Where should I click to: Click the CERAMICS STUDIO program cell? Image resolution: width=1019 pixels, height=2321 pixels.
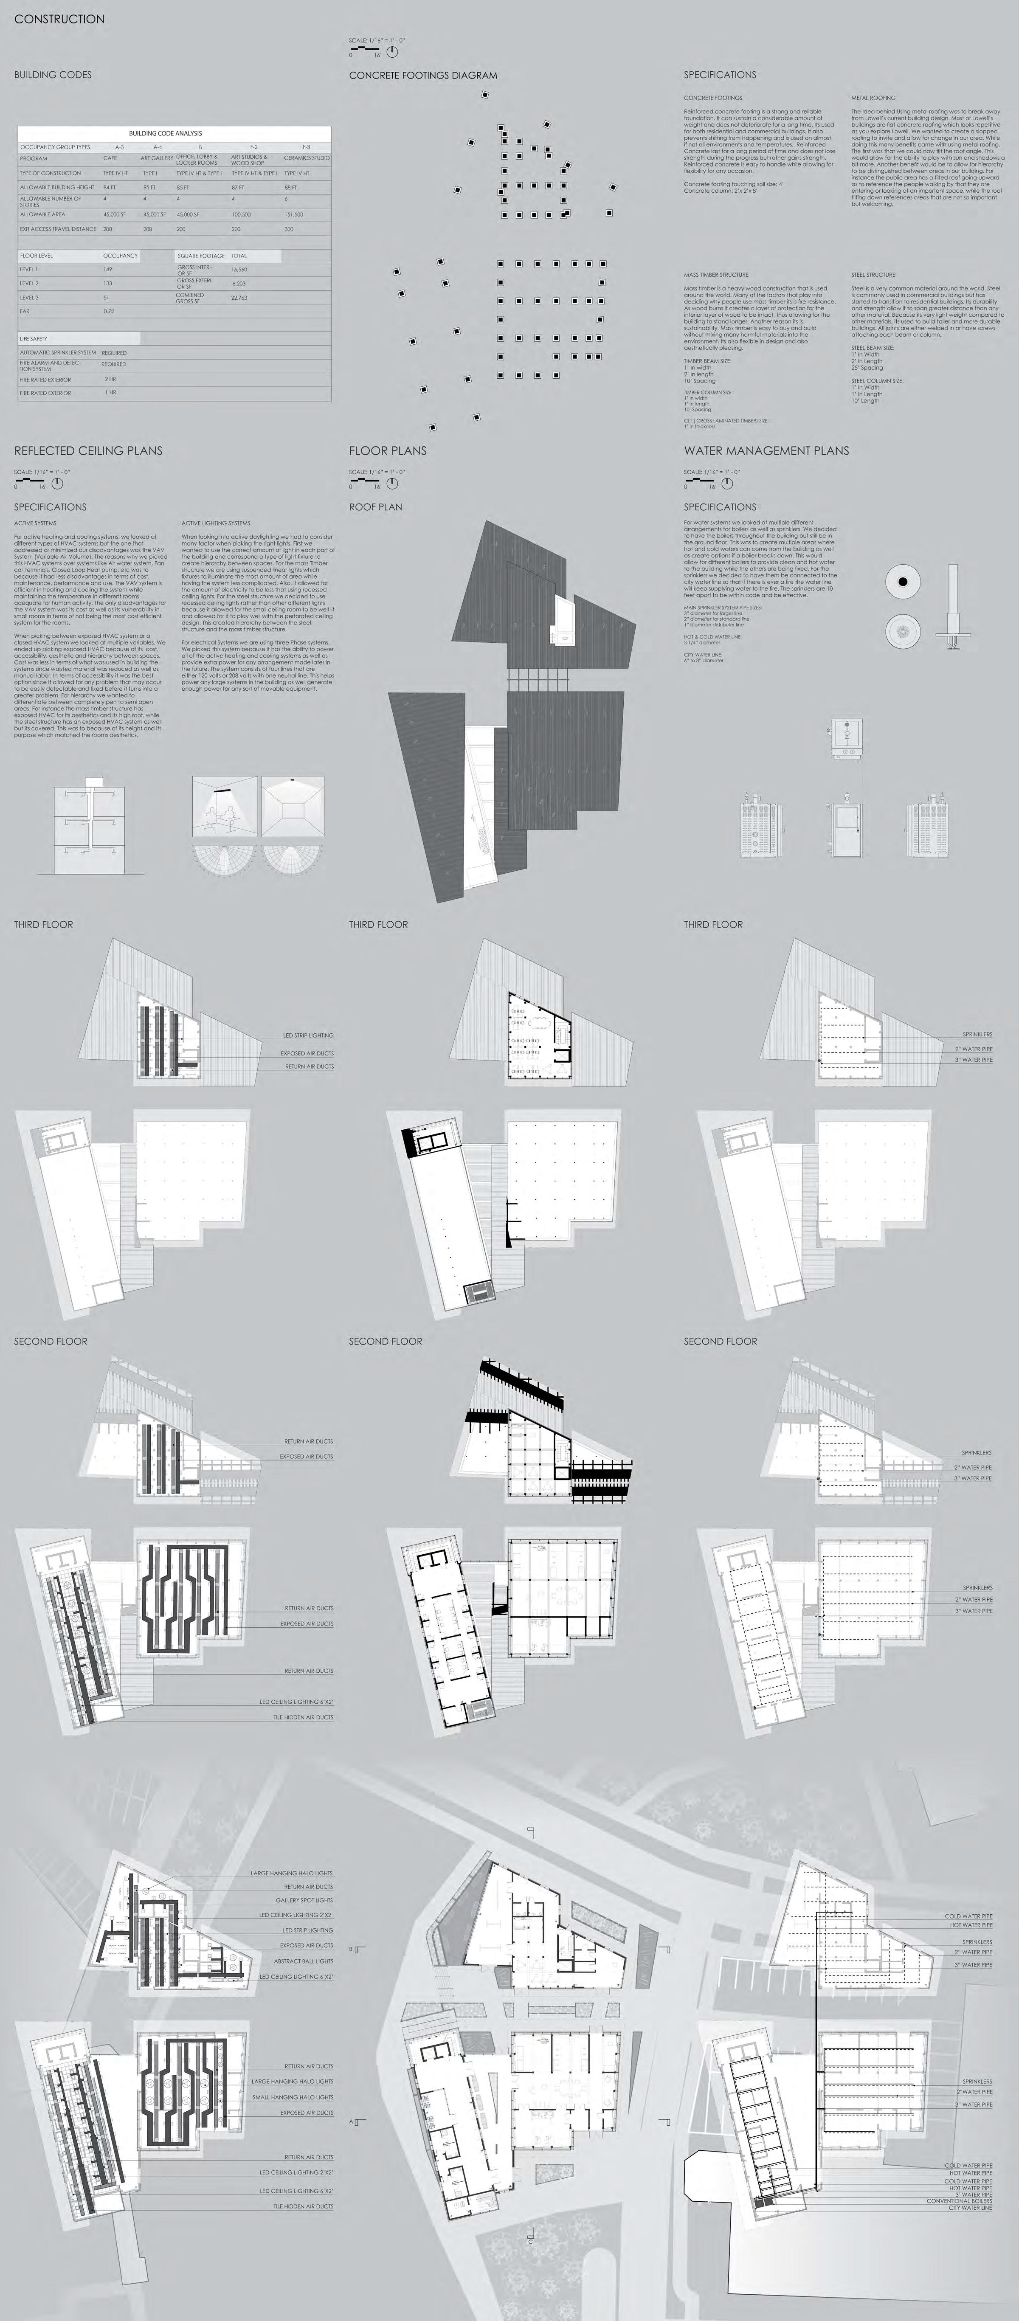pyautogui.click(x=306, y=158)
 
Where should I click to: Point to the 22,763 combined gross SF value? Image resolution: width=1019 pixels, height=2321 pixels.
pyautogui.click(x=239, y=297)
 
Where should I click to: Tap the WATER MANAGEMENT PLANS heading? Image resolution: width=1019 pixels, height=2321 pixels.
pyautogui.click(x=766, y=450)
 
